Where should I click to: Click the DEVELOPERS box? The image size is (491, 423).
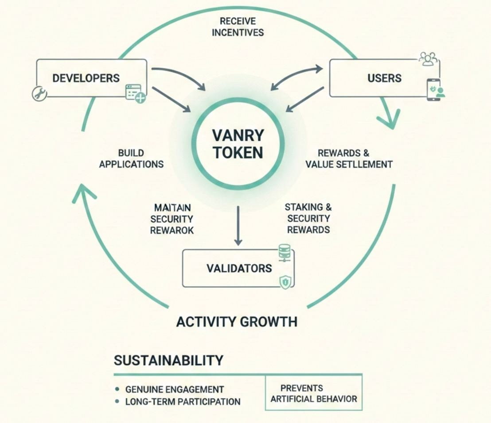(86, 78)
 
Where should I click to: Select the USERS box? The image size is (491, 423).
(384, 78)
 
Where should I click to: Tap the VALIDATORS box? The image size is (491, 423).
(238, 268)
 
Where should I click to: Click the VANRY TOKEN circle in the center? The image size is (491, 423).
(238, 144)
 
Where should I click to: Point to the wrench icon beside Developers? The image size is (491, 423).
(39, 93)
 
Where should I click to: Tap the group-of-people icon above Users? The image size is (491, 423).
(428, 59)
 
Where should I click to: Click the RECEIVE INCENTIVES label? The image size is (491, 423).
(238, 27)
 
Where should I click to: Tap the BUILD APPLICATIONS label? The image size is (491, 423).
(131, 158)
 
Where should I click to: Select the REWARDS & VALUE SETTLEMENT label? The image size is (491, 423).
(349, 158)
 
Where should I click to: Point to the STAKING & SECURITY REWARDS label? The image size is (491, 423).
(308, 218)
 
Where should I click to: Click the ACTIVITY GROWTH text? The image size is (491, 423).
(237, 321)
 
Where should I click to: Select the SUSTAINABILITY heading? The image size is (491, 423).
(168, 360)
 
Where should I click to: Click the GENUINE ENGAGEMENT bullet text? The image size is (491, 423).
(174, 389)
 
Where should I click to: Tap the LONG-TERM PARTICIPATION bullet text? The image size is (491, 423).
(183, 402)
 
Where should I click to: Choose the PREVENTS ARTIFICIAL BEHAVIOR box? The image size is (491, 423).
(313, 393)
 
